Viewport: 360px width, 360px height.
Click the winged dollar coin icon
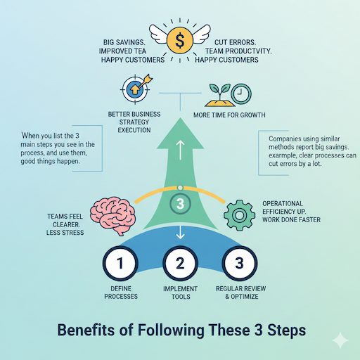179,40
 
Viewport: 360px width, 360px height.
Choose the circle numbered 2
180,264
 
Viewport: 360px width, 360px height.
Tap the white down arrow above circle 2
180,232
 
